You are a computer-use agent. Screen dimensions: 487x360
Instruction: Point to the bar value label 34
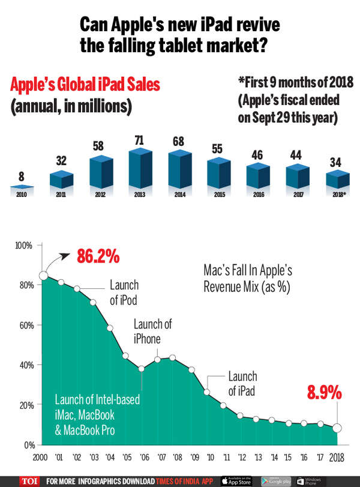click(336, 162)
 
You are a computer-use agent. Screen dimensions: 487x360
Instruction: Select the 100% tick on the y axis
click(23, 246)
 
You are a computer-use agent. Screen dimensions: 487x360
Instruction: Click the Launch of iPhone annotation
click(152, 331)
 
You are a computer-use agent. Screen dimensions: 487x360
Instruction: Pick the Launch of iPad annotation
click(242, 383)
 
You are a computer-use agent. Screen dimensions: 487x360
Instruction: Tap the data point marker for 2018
click(337, 428)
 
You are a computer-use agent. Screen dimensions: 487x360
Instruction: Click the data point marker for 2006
click(142, 369)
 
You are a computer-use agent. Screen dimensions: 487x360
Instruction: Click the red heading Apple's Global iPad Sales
click(85, 85)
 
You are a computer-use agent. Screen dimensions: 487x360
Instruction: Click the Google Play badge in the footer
click(276, 480)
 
